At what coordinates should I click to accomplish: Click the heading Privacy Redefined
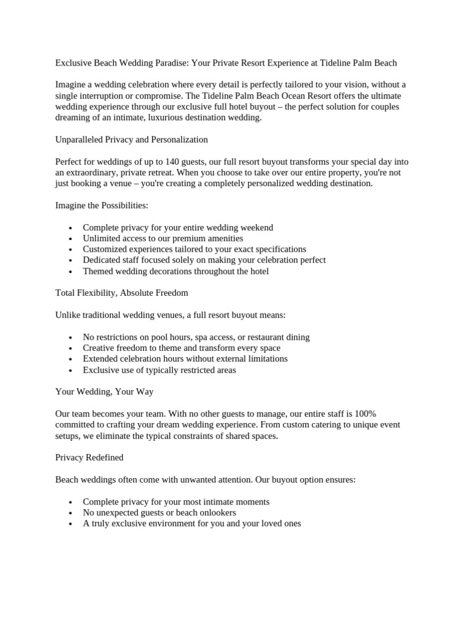[x=89, y=457]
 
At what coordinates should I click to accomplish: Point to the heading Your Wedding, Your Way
[x=105, y=391]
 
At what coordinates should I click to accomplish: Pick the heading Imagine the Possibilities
[x=102, y=205]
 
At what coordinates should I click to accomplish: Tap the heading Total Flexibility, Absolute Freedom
[x=122, y=293]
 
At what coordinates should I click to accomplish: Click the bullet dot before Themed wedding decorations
[x=71, y=272]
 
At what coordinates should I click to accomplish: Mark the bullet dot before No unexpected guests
[x=71, y=513]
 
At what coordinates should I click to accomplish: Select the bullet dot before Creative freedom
[x=71, y=348]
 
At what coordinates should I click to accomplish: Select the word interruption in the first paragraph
[x=105, y=96]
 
